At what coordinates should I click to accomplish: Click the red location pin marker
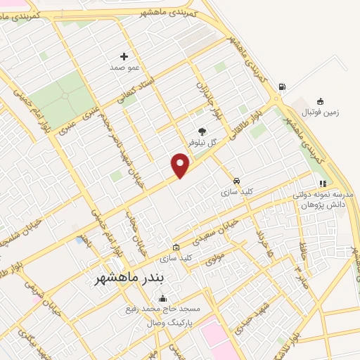(181, 165)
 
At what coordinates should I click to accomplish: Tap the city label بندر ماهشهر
(139, 279)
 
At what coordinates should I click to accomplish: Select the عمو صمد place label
(124, 68)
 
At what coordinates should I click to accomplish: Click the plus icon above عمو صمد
(124, 56)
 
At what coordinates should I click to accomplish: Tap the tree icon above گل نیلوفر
(202, 131)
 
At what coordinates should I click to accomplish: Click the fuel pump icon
(282, 87)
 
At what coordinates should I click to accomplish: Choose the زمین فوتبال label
(320, 112)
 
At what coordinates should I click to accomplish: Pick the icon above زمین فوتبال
(321, 101)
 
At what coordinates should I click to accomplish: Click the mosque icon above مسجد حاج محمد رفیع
(163, 298)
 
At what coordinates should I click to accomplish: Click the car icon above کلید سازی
(236, 180)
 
